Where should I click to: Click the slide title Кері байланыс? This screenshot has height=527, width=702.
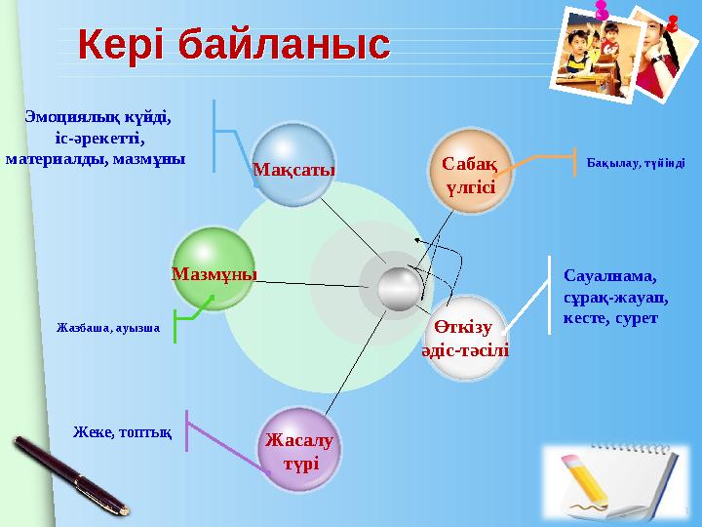(x=233, y=45)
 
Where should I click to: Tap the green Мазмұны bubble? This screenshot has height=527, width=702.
(x=214, y=268)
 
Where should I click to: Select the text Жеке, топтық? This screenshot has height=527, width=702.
(x=124, y=430)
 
